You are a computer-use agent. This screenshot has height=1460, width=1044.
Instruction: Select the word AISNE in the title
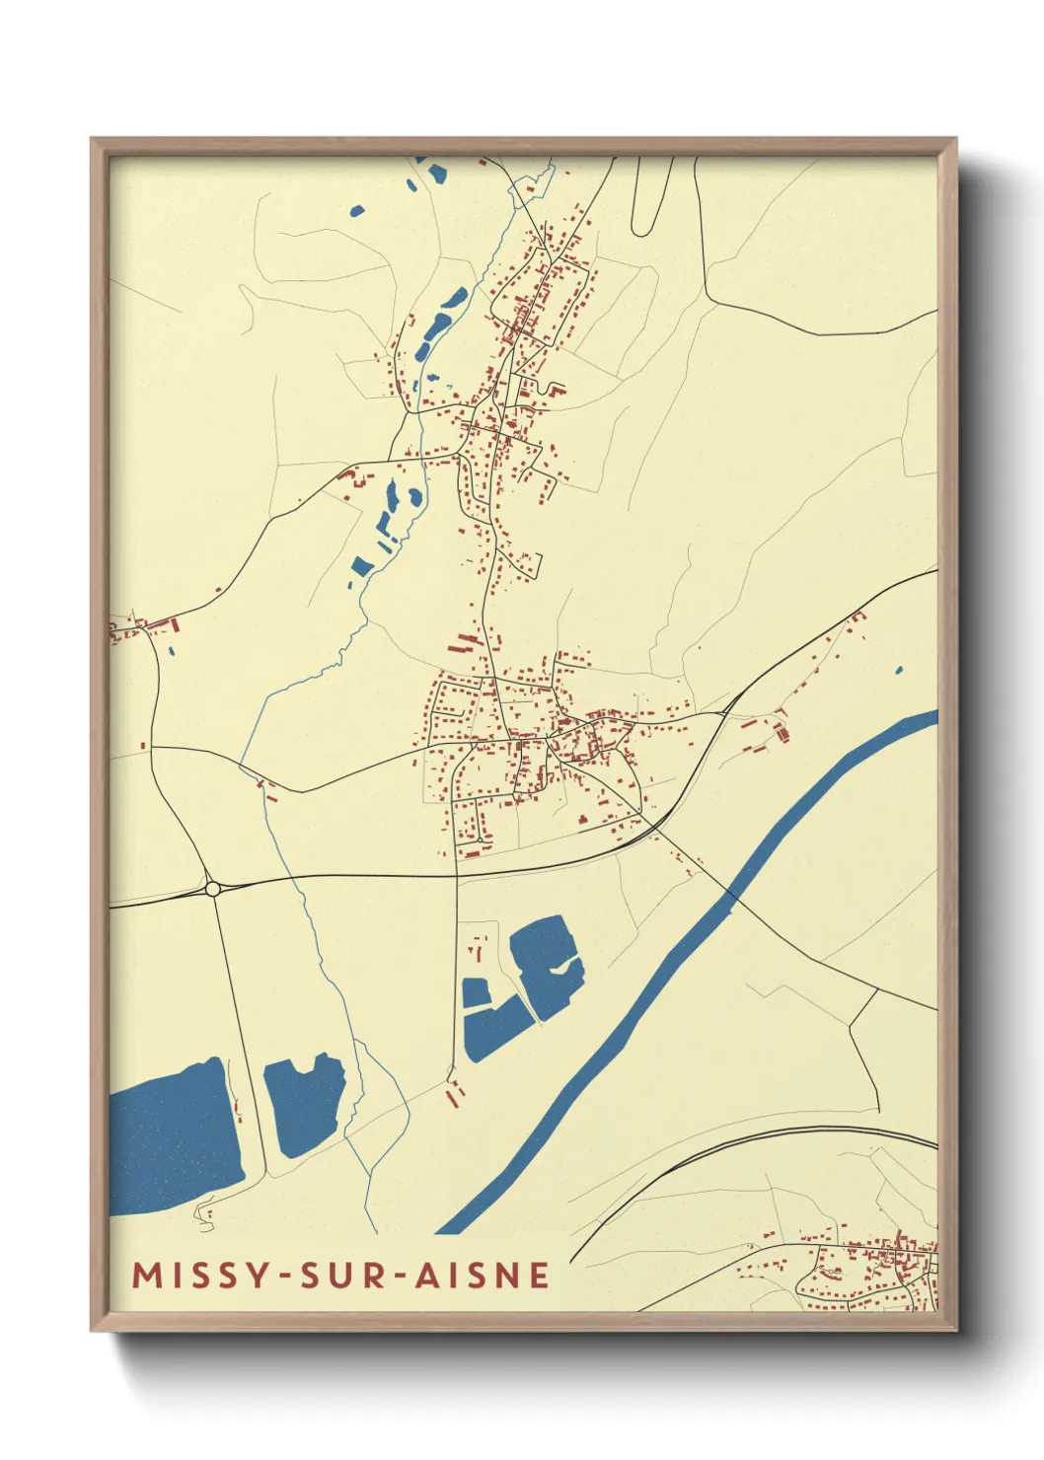(482, 1276)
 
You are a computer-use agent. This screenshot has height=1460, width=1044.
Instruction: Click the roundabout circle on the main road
(212, 889)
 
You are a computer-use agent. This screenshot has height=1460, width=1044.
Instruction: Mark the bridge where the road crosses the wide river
(731, 893)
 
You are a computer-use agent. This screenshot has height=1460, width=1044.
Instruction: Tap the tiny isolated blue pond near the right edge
(898, 671)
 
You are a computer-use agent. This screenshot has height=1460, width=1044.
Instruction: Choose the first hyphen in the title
(284, 1277)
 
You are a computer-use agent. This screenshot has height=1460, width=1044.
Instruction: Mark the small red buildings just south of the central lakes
(455, 1093)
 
